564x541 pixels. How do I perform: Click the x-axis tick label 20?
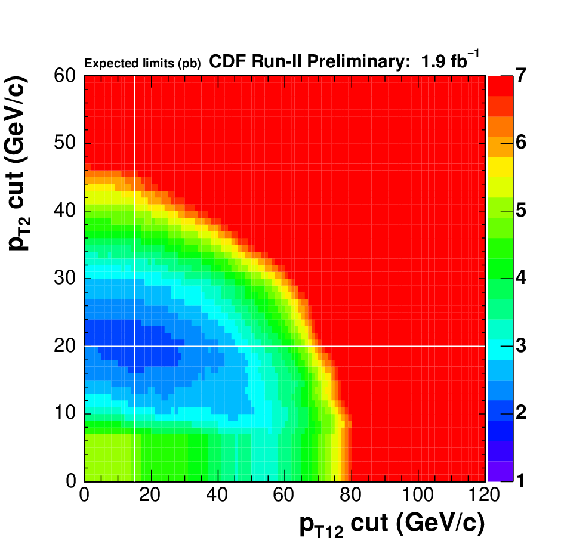[150, 495]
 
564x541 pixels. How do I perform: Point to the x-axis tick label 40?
[217, 495]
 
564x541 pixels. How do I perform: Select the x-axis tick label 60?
[283, 495]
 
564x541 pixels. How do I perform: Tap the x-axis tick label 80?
[350, 495]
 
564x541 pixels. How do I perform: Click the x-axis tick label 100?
[417, 495]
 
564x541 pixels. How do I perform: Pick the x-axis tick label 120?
[484, 495]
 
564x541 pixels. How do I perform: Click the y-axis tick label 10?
[65, 413]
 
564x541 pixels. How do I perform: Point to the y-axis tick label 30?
[65, 278]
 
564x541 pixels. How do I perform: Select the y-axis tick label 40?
[65, 211]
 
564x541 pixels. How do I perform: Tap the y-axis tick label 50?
[65, 143]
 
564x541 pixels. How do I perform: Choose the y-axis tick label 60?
[65, 76]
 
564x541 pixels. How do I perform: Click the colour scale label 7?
[521, 76]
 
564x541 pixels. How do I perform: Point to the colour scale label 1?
[521, 481]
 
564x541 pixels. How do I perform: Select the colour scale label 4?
[521, 278]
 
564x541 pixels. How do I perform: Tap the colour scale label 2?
[521, 413]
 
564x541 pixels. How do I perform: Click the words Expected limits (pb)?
[143, 64]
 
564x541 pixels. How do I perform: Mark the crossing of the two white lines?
[134, 346]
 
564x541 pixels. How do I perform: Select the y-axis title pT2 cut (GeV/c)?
[18, 163]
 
